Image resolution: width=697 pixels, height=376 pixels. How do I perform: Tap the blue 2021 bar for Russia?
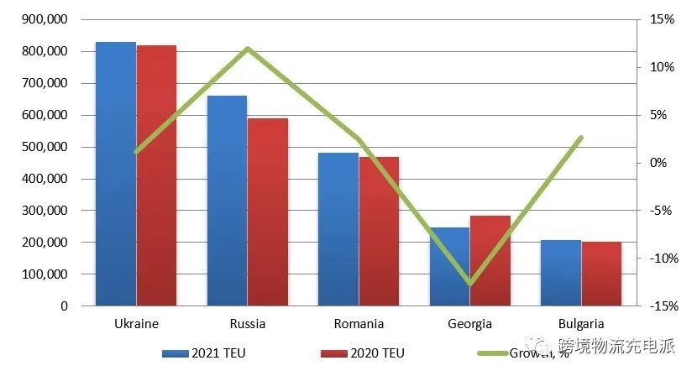(x=227, y=201)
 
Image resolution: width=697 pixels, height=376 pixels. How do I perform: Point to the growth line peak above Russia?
(x=248, y=49)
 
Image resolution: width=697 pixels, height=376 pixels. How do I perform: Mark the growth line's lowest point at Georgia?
(x=470, y=284)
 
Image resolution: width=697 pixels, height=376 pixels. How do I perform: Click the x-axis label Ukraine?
(x=136, y=323)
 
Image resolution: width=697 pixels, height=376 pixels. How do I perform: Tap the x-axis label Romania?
(x=359, y=323)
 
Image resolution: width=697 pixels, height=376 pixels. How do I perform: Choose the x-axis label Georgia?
(x=469, y=323)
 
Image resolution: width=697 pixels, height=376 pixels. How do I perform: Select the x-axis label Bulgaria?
(x=580, y=323)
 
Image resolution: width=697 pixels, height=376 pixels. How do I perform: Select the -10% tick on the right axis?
(x=661, y=258)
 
